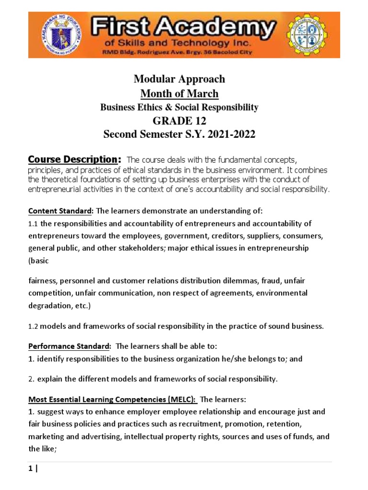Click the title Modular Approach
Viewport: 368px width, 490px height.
pyautogui.click(x=179, y=79)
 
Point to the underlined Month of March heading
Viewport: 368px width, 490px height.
pyautogui.click(x=179, y=93)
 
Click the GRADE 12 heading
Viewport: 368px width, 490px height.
pyautogui.click(x=179, y=121)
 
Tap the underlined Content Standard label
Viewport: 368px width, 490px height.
pyautogui.click(x=60, y=211)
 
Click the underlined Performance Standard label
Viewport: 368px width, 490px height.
pyautogui.click(x=69, y=346)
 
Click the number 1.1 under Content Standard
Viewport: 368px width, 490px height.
pyautogui.click(x=33, y=223)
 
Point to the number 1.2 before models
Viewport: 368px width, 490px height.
pyautogui.click(x=33, y=327)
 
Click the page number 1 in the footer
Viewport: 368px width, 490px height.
pyautogui.click(x=30, y=469)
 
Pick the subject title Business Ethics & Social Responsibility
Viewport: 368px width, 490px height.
pyautogui.click(x=179, y=107)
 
